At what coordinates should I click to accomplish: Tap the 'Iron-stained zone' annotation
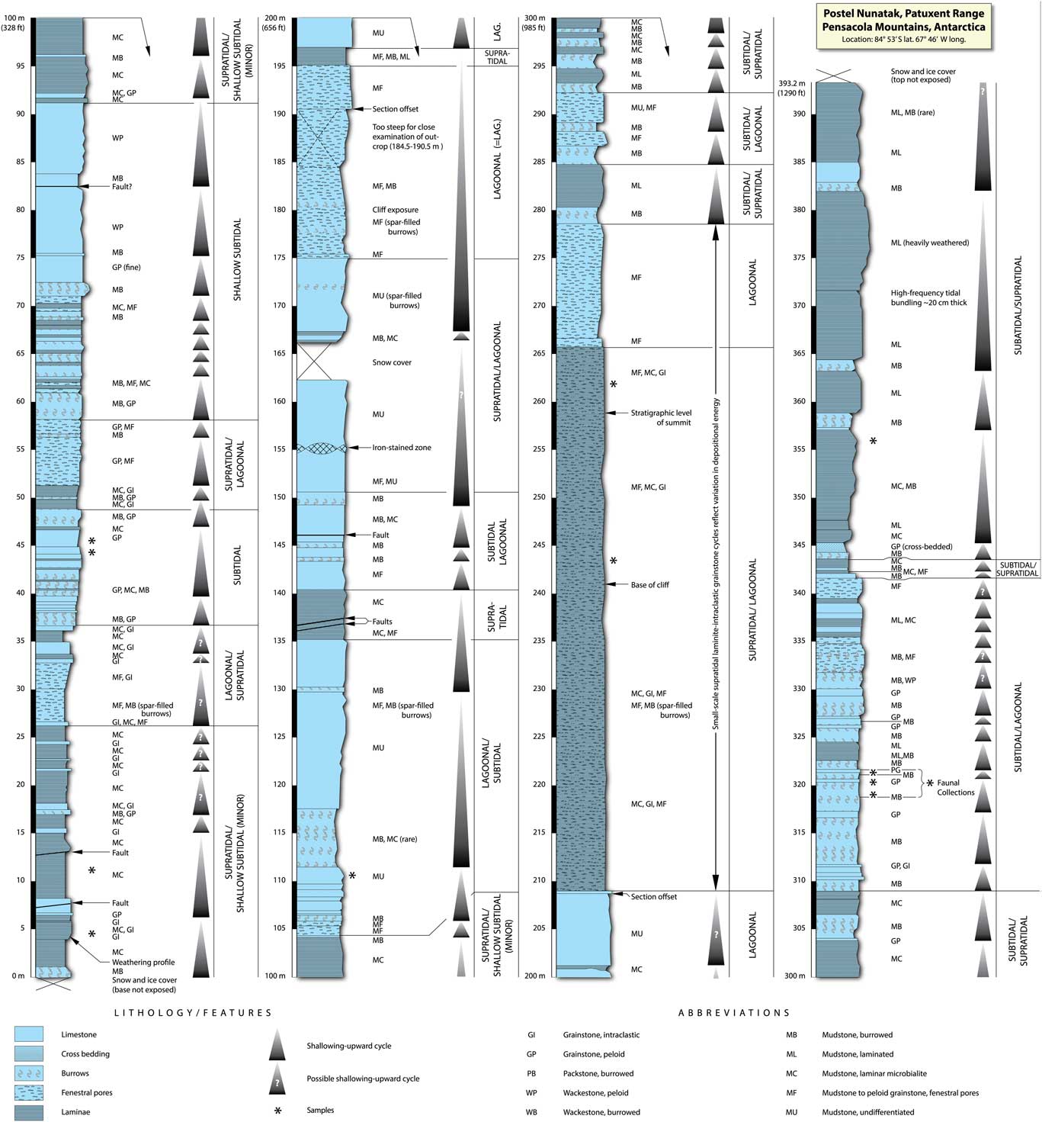click(401, 448)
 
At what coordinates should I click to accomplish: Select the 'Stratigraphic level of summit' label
click(660, 417)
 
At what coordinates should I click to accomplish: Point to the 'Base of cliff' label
click(649, 585)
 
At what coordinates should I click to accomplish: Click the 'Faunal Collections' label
click(955, 787)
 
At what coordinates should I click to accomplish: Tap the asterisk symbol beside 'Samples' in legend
click(277, 1111)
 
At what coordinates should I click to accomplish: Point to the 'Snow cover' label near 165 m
click(392, 362)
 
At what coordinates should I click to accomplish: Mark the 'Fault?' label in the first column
click(122, 187)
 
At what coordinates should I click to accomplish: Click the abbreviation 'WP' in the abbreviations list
click(531, 1093)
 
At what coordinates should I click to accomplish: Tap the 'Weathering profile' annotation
click(143, 962)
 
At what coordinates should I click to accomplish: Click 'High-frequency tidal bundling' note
click(928, 297)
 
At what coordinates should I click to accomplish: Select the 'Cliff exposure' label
click(395, 210)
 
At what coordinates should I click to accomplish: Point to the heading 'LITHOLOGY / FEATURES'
click(193, 1013)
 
